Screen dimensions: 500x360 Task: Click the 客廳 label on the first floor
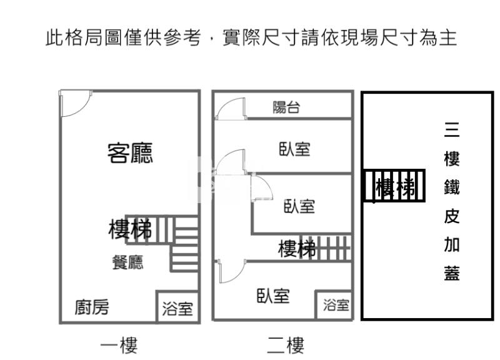(130, 152)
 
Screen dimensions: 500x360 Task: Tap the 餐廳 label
(127, 262)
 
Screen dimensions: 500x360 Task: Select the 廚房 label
(92, 307)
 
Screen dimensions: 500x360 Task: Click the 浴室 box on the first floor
(177, 307)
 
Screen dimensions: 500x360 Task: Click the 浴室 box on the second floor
(337, 305)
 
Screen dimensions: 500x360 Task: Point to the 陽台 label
(287, 107)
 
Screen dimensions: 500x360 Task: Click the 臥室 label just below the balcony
(294, 149)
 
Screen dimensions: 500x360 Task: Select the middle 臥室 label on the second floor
(299, 206)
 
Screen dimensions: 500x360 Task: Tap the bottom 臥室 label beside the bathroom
(273, 296)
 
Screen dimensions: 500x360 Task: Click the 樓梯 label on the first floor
(130, 230)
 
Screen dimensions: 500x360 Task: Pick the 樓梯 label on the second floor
(296, 249)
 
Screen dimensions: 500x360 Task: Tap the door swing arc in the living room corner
(76, 103)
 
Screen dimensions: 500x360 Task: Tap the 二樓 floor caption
(285, 344)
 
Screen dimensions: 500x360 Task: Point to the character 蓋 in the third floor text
(452, 273)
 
